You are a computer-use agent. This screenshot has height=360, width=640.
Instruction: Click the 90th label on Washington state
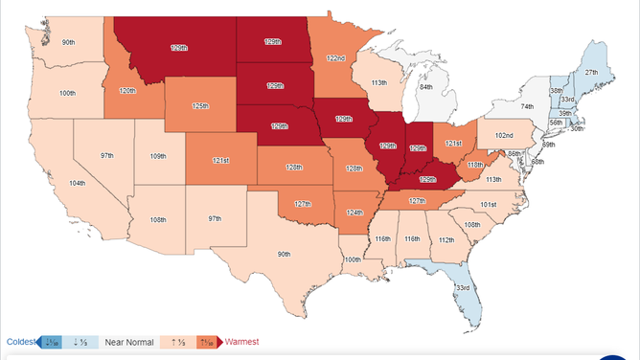69,43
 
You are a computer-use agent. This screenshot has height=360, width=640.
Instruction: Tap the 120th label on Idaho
126,91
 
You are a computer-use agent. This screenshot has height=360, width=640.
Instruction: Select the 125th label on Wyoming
201,105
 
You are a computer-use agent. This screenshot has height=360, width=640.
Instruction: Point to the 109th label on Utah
157,155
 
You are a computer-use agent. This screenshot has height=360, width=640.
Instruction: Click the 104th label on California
77,183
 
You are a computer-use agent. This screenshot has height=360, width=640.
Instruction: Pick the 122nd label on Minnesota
336,58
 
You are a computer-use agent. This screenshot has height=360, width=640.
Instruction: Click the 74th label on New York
526,107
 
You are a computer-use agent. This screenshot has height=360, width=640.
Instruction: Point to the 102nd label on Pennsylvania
503,136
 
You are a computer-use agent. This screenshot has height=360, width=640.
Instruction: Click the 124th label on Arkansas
355,213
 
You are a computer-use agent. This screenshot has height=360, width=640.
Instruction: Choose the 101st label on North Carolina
488,204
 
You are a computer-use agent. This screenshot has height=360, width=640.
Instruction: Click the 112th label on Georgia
446,240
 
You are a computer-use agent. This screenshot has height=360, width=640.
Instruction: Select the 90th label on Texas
284,254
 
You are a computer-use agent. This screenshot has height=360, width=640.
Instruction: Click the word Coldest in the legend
20,342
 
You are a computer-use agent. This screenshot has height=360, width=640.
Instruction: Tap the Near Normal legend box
129,342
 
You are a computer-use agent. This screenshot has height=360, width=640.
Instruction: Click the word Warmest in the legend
246,342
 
